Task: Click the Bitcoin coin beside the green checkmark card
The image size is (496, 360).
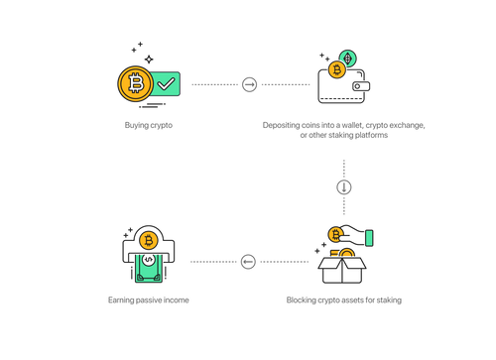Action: pyautogui.click(x=133, y=83)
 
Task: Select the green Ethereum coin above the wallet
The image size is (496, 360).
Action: pyautogui.click(x=347, y=58)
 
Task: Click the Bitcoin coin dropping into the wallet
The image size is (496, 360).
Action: pyautogui.click(x=336, y=69)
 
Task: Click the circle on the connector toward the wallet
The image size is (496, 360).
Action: pyautogui.click(x=249, y=85)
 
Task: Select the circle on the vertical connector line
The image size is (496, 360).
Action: pyautogui.click(x=344, y=186)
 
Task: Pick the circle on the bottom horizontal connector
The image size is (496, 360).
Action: pyautogui.click(x=248, y=262)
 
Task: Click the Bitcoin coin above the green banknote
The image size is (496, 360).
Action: pyautogui.click(x=148, y=240)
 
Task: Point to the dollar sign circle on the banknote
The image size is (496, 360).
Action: pyautogui.click(x=148, y=260)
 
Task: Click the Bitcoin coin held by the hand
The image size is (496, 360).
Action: pyautogui.click(x=335, y=234)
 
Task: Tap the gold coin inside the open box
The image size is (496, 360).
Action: pyautogui.click(x=346, y=256)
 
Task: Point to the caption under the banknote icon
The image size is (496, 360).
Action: pyautogui.click(x=148, y=299)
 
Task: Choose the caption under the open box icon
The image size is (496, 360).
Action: pyautogui.click(x=344, y=299)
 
